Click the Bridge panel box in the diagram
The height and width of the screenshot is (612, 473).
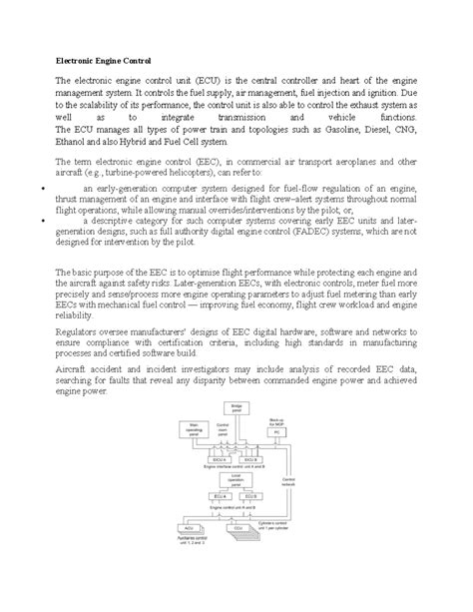coord(236,408)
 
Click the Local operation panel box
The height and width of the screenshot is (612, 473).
coord(236,480)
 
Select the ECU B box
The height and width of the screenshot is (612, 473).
coord(251,496)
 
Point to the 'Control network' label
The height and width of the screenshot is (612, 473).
coord(288,482)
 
